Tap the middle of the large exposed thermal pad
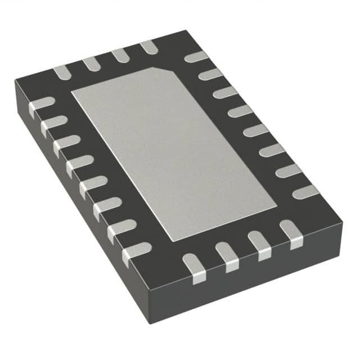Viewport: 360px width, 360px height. (x=173, y=152)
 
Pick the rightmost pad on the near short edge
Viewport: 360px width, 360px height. (x=291, y=233)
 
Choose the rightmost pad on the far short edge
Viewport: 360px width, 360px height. (x=148, y=47)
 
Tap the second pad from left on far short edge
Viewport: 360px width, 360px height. (x=91, y=64)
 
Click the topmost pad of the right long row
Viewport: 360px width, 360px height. (x=196, y=57)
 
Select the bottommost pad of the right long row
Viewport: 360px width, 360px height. (x=306, y=192)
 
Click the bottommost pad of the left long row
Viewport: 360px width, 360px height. (x=136, y=252)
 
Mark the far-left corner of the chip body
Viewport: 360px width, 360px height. (x=16, y=82)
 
